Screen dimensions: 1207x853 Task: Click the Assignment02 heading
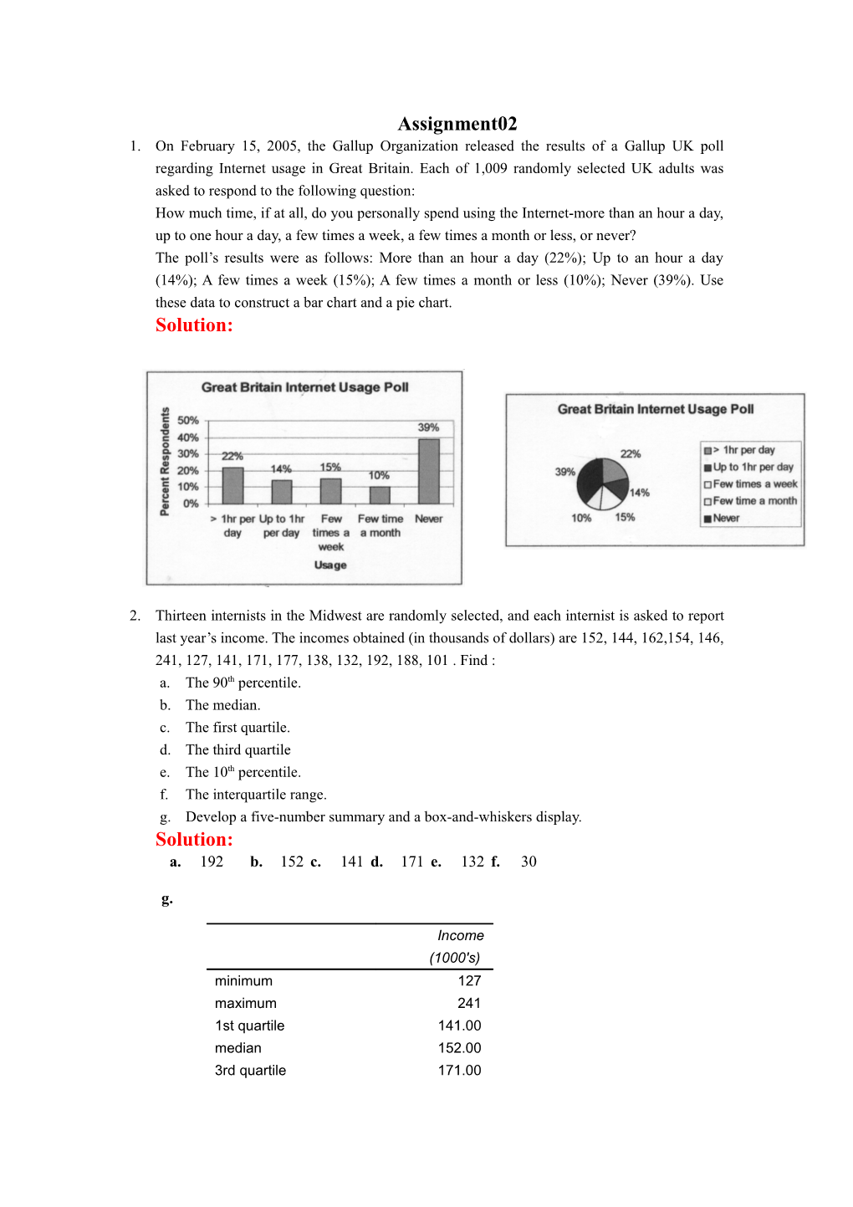(x=457, y=124)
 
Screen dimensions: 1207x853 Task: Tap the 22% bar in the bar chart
(x=232, y=486)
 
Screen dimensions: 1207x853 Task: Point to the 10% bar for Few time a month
(x=380, y=495)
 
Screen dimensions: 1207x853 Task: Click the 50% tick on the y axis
(x=188, y=421)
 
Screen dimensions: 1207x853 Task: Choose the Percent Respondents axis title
(x=165, y=462)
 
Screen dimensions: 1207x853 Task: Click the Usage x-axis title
(x=330, y=565)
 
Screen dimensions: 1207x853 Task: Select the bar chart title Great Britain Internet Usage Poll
(x=304, y=387)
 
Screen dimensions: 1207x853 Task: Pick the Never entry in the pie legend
(x=726, y=519)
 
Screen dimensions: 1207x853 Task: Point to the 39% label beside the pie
(x=565, y=472)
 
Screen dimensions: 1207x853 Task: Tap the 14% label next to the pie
(x=640, y=493)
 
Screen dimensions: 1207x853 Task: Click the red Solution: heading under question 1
(x=194, y=325)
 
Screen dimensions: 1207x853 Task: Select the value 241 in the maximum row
(x=469, y=1003)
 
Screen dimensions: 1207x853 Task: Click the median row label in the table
(x=238, y=1048)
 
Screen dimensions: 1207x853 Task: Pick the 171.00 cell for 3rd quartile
(x=459, y=1071)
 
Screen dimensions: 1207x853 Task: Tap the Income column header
(x=460, y=936)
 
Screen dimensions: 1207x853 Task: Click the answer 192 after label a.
(x=212, y=862)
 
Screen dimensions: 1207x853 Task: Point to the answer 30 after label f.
(x=529, y=862)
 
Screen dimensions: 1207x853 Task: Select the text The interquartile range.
(x=256, y=795)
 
